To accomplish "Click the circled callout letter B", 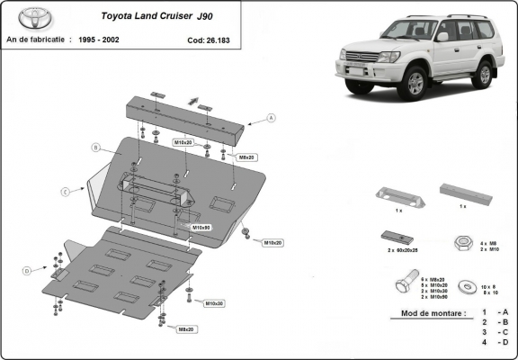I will (x=94, y=147).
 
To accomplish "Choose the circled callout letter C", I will (x=66, y=192).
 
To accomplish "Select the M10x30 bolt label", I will (x=214, y=303).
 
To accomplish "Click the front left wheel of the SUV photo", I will (x=416, y=84).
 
